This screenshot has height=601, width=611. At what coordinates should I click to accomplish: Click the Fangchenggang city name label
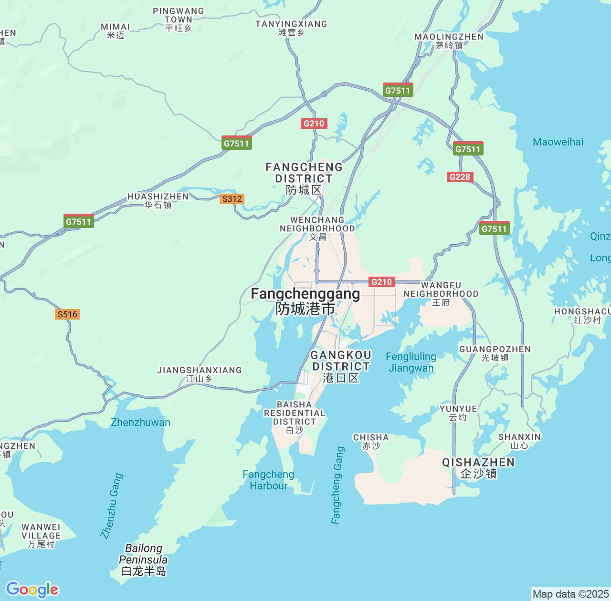click(305, 301)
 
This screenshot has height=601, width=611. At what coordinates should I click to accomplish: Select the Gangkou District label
click(341, 366)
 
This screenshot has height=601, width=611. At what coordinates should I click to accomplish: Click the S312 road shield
click(232, 199)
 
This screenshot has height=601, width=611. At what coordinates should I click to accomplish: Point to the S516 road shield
click(67, 314)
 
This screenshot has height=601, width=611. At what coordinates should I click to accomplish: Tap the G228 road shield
click(460, 177)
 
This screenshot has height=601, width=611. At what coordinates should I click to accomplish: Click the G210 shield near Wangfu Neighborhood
click(381, 282)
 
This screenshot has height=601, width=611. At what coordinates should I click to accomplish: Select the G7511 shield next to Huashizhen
click(79, 221)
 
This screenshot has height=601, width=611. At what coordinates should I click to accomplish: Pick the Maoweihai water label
click(558, 142)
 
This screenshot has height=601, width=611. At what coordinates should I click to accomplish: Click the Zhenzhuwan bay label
click(140, 422)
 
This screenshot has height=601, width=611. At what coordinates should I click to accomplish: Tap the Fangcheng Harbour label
click(268, 480)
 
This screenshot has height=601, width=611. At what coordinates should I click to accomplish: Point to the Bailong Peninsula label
click(144, 560)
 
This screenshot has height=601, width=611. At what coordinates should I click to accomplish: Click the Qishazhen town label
click(478, 467)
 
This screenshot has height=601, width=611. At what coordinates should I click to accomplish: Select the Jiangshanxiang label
click(200, 374)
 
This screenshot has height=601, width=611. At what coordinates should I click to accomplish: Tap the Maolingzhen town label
click(449, 41)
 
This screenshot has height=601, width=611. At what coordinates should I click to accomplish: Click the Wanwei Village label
click(41, 535)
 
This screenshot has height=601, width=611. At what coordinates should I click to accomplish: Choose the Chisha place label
click(371, 441)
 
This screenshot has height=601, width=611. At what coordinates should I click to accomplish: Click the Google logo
click(32, 590)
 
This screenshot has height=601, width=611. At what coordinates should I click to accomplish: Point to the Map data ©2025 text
click(570, 594)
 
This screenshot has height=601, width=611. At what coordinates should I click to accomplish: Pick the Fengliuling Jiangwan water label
click(411, 362)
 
